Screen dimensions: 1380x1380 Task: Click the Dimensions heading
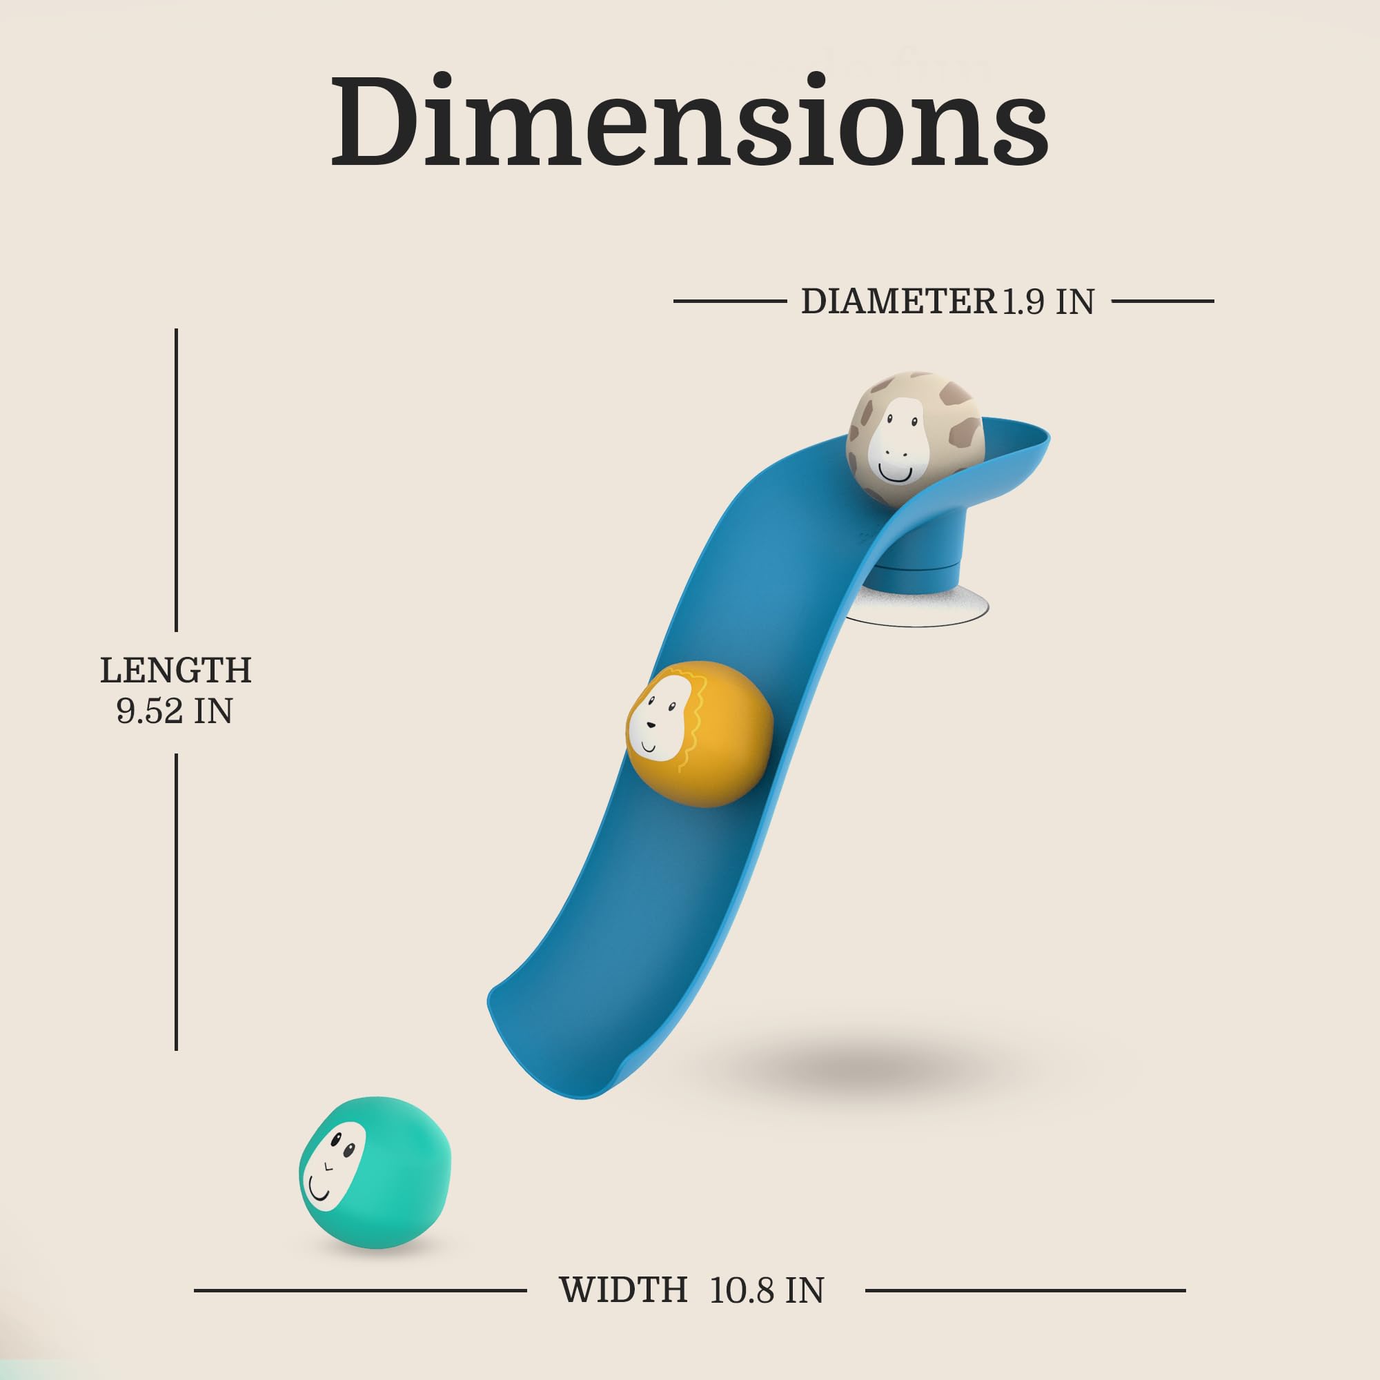point(689,121)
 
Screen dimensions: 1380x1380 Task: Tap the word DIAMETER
point(898,302)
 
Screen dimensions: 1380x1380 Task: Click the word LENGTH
point(176,670)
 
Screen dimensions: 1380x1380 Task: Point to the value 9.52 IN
point(175,711)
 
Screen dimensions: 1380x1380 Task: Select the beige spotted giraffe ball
point(916,440)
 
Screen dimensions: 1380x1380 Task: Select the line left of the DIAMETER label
point(729,302)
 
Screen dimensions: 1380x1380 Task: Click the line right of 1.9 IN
point(1163,302)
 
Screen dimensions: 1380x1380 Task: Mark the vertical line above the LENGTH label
point(177,480)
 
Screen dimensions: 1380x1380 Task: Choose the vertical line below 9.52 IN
point(177,901)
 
